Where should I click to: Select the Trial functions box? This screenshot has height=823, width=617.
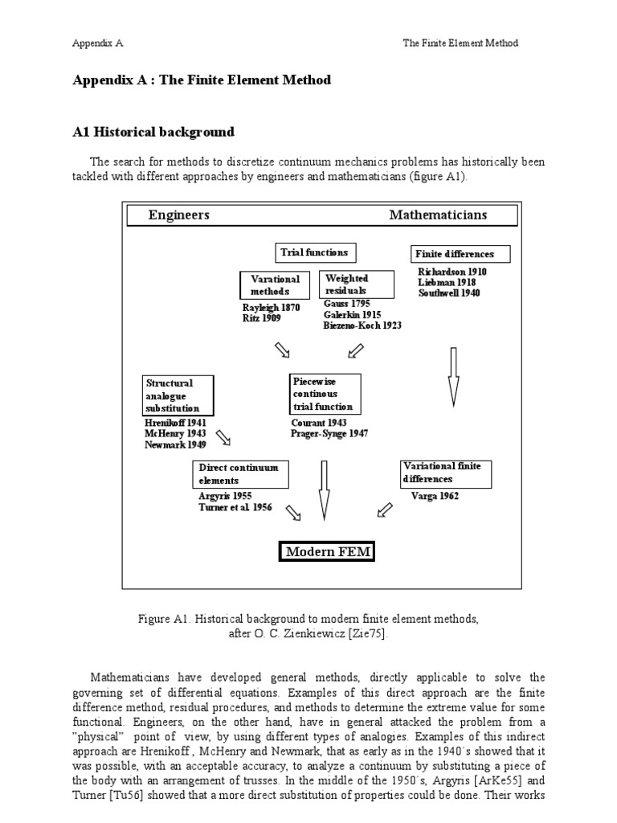coord(317,252)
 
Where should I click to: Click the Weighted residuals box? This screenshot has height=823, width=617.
coord(358,285)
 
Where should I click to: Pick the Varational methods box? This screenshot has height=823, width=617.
coord(275,285)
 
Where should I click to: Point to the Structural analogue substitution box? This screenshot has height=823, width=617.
coord(178,395)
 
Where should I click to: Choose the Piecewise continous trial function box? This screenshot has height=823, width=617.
coord(325,395)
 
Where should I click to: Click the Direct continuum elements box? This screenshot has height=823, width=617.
coord(239,473)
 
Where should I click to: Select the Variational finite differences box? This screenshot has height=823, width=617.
coord(446,473)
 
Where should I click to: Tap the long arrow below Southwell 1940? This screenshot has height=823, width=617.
coord(453,376)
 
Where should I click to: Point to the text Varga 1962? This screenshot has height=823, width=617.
coord(435,496)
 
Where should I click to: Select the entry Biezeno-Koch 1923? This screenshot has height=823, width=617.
coord(362,326)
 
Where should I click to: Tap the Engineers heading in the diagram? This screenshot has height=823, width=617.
coord(179,215)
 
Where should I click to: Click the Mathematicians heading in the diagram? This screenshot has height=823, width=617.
coord(438,215)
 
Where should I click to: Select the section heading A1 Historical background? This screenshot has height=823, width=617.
coord(153,132)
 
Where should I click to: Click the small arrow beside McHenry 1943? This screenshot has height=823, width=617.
coord(223,436)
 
